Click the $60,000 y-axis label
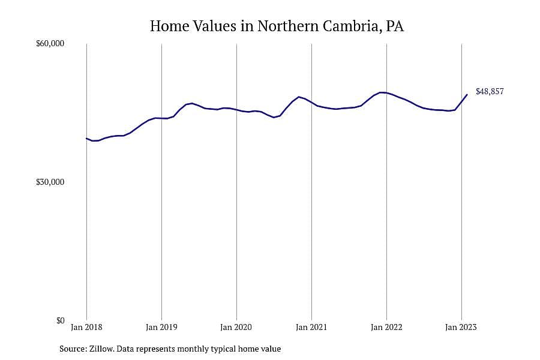pyautogui.click(x=50, y=43)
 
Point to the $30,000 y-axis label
pyautogui.click(x=50, y=182)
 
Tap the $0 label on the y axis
pyautogui.click(x=60, y=320)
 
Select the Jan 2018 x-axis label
pyautogui.click(x=86, y=327)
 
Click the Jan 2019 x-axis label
pyautogui.click(x=161, y=327)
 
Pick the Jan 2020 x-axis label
pyautogui.click(x=236, y=327)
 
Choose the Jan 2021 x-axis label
pyautogui.click(x=311, y=327)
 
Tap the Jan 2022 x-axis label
pyautogui.click(x=386, y=327)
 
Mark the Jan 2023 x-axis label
pyautogui.click(x=461, y=327)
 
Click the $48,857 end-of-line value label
pyautogui.click(x=490, y=91)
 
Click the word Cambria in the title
pyautogui.click(x=352, y=26)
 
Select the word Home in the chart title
pyautogui.click(x=169, y=26)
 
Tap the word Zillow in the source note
pyautogui.click(x=101, y=349)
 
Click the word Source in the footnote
pyautogui.click(x=73, y=349)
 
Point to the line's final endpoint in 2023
pyautogui.click(x=467, y=94)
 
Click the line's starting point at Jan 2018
pyautogui.click(x=86, y=139)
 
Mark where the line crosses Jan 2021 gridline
pyautogui.click(x=311, y=103)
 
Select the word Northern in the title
pyautogui.click(x=288, y=26)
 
